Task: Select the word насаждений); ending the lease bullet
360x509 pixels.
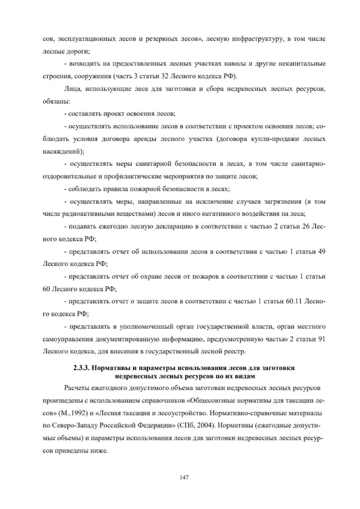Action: (x=62, y=152)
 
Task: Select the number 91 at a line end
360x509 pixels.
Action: (x=321, y=339)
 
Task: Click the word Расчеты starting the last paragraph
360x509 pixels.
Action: (x=77, y=388)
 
